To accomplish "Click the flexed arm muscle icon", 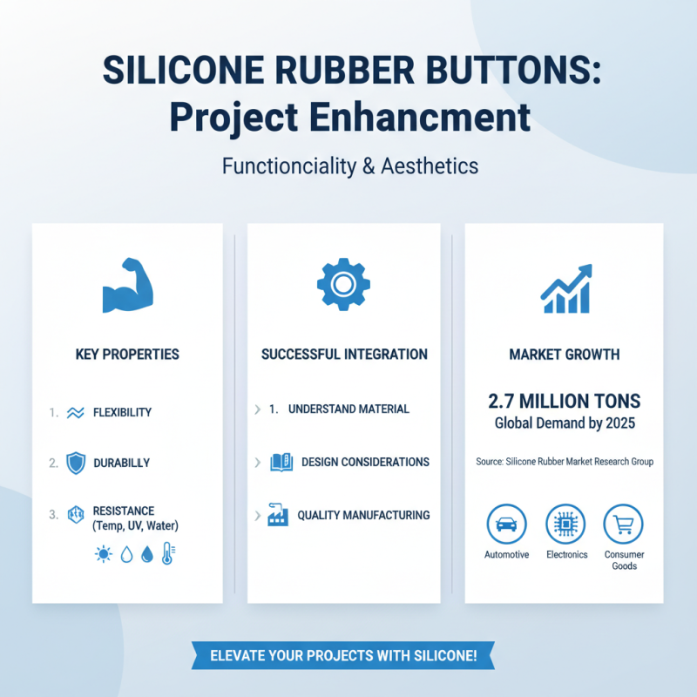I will point(127,286).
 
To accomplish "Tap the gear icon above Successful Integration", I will point(343,283).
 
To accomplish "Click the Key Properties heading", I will point(127,355).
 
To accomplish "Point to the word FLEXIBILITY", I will point(122,412).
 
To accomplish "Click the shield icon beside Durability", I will point(76,464).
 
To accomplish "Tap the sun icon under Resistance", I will point(104,554).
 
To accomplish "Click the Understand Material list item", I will point(348,409).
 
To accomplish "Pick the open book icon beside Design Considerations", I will point(281,462).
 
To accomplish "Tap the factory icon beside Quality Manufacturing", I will point(279,515).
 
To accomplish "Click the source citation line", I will point(565,462).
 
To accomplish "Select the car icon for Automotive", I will point(506,524).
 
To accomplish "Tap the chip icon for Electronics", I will point(566,524).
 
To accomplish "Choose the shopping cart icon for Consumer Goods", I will point(623,524).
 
